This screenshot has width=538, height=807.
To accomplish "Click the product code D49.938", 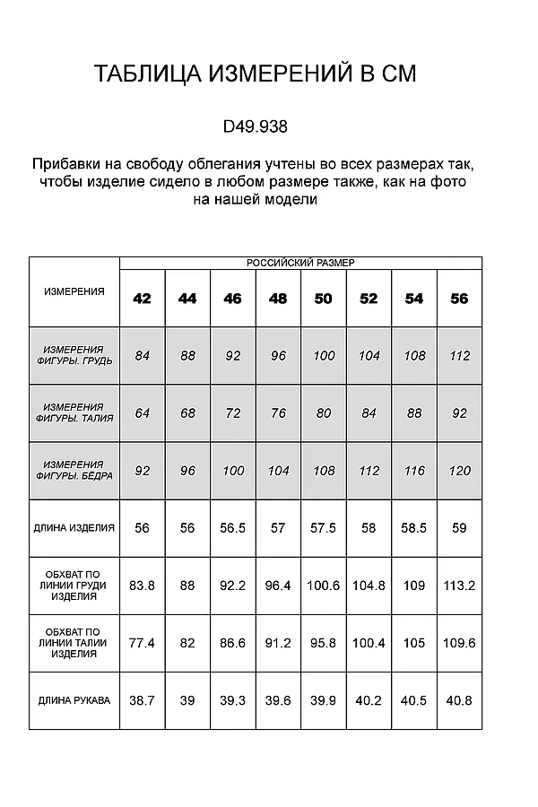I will (256, 127).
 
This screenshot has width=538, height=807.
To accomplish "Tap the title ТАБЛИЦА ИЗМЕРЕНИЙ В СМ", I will (256, 74).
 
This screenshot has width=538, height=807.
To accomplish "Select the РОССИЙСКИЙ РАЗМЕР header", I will (300, 263).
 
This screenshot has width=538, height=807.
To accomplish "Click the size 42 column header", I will (142, 299).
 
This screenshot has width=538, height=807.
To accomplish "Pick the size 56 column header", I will (459, 299).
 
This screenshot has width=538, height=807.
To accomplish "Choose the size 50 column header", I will (324, 299).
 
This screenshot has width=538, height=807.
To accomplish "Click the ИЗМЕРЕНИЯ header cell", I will (74, 291).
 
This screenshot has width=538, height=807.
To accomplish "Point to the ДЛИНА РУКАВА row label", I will (74, 700).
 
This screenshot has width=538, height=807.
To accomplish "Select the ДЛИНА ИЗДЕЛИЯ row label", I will (74, 528).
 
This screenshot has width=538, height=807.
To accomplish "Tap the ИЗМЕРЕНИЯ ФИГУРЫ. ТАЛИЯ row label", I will (74, 412).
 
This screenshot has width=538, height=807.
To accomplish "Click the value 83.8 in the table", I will (142, 586).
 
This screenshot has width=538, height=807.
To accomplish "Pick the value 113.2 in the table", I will (459, 586).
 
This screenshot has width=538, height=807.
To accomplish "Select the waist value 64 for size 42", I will (142, 413).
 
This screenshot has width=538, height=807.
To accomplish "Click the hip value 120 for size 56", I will (459, 471).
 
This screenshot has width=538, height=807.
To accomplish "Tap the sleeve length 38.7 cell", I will (142, 700).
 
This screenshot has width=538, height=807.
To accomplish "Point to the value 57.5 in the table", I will (324, 528).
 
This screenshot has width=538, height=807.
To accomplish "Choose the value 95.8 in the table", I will (324, 643).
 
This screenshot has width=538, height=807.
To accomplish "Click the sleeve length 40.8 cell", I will (459, 700).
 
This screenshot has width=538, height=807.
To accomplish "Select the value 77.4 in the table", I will (142, 643).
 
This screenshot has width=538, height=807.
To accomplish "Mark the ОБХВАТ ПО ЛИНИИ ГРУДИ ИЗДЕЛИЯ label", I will (74, 585).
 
